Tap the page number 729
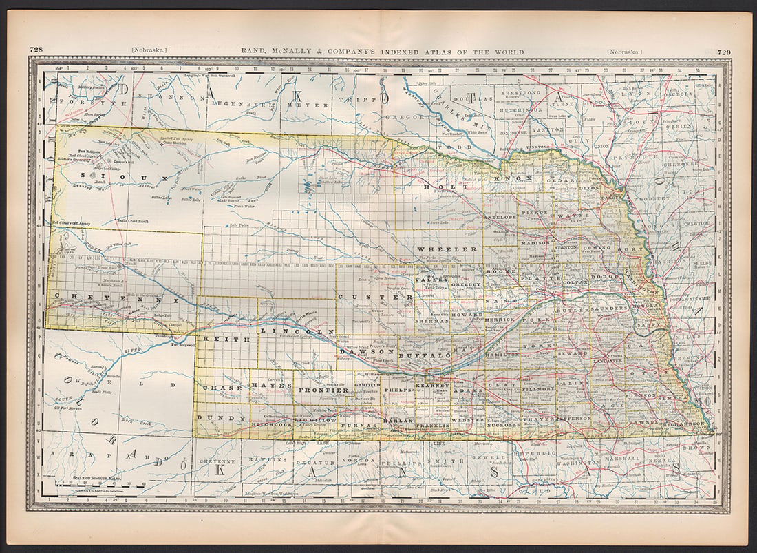pos(723,51)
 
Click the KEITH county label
pos(215,338)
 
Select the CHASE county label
pos(222,388)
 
